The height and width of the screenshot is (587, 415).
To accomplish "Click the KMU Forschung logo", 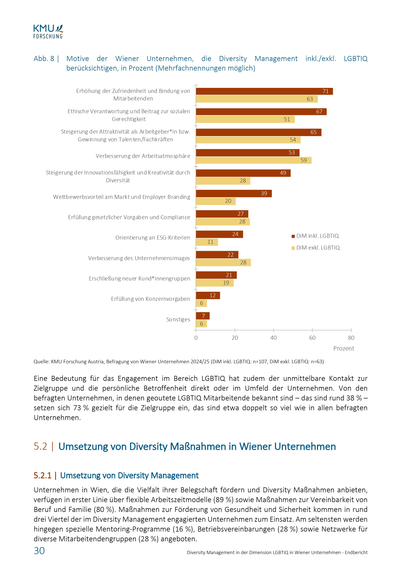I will click(x=48, y=32).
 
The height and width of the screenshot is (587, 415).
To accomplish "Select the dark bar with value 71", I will click(x=264, y=91).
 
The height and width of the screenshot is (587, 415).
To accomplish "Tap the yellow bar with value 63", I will click(x=257, y=99).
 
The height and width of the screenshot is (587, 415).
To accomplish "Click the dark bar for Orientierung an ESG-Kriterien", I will click(x=219, y=234).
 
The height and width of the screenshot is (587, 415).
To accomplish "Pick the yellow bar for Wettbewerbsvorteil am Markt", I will click(x=216, y=201).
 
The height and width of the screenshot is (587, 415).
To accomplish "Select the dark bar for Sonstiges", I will click(x=203, y=316).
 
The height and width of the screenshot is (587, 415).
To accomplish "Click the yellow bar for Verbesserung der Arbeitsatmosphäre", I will click(x=253, y=160).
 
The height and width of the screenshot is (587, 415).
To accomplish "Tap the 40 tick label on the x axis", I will click(x=273, y=338).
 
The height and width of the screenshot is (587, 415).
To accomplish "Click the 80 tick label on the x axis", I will click(x=351, y=338).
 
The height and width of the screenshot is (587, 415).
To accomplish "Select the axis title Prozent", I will click(x=343, y=348).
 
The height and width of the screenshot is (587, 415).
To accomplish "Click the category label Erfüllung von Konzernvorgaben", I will click(x=150, y=299).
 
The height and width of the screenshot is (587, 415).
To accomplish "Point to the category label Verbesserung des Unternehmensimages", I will click(x=139, y=258).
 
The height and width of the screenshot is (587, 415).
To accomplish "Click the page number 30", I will click(x=39, y=551).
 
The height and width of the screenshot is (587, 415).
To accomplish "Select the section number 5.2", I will click(x=40, y=446).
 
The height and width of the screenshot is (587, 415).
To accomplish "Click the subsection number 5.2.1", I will click(x=42, y=476).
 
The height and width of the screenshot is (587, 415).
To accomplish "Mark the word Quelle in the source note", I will click(x=41, y=362).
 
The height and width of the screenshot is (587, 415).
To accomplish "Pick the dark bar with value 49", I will click(x=243, y=173).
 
